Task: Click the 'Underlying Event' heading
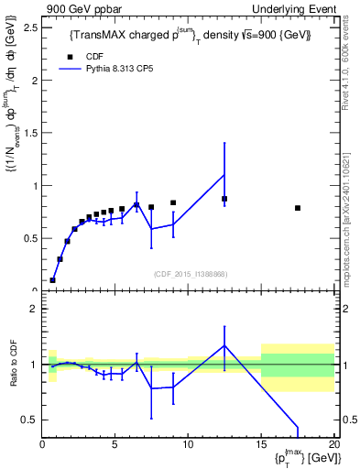tap(295, 8)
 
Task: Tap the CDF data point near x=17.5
tap(298, 208)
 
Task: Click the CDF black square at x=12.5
tap(224, 199)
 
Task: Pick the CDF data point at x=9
tap(173, 202)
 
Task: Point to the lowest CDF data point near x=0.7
tap(52, 280)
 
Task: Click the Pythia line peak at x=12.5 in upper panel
tap(224, 174)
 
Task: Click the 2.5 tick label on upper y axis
tap(29, 27)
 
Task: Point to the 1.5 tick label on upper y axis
tap(29, 133)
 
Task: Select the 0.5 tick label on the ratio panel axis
tap(29, 420)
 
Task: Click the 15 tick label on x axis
tap(261, 445)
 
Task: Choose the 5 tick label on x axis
tap(115, 445)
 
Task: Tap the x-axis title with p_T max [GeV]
tap(302, 457)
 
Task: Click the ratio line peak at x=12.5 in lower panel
tap(224, 345)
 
